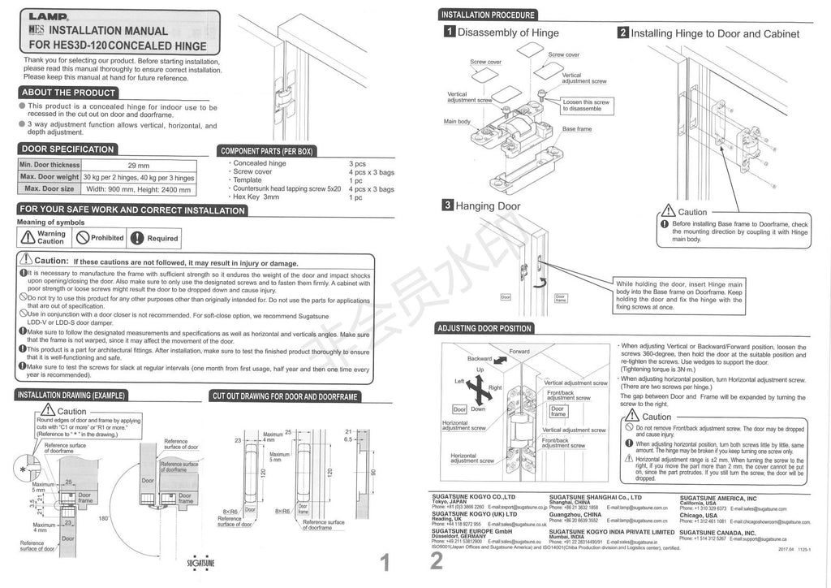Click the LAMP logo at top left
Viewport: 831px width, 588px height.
48,15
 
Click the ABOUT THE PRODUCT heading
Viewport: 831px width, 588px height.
69,93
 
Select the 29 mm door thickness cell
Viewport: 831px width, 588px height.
138,165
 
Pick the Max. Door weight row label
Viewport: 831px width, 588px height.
50,177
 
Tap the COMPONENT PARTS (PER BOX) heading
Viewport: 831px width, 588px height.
267,151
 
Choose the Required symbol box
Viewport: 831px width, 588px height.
155,238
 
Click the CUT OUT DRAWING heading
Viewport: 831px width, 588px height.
285,396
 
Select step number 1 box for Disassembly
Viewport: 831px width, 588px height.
448,32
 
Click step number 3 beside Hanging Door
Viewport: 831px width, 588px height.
447,205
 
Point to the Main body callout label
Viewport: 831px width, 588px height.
457,122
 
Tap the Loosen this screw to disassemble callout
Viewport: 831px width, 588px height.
587,105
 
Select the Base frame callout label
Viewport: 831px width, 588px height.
577,129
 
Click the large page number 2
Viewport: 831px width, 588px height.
437,562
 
